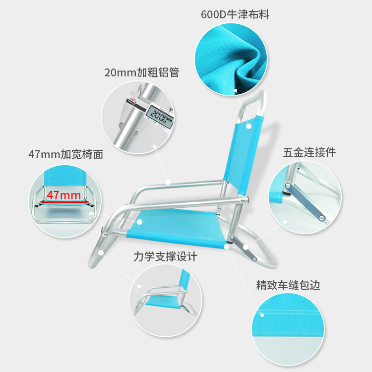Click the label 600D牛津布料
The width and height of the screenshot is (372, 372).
pos(235,15)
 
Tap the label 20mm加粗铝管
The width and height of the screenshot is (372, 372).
pos(141,72)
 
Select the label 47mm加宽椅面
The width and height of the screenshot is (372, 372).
pos(65,154)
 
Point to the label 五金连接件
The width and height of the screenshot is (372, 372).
pos(309,152)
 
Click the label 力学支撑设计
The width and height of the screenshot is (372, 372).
pos(165,256)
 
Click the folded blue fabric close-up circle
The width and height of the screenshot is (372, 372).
pos(231,59)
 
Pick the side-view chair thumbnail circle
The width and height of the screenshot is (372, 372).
pos(166,301)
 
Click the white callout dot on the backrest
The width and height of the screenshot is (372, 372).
pos(248,126)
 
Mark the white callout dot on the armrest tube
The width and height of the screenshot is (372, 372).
pos(169,182)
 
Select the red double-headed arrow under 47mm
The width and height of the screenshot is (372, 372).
pos(65,202)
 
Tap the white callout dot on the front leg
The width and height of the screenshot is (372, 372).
pos(101,252)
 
